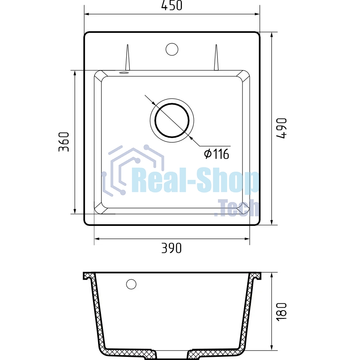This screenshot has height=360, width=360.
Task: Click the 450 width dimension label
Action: tap(172, 6)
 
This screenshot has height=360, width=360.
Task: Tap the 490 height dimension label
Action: tap(282, 128)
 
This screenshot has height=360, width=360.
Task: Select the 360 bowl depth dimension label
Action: tap(64, 142)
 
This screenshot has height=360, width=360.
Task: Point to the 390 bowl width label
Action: tap(172, 248)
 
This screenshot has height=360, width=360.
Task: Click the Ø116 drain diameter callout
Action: tap(216, 154)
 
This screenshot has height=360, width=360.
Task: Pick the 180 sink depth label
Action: tap(282, 312)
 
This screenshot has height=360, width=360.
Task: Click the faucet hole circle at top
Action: tap(172, 49)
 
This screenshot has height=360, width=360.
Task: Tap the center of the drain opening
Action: tap(172, 121)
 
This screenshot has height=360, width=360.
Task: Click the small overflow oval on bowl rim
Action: tap(124, 73)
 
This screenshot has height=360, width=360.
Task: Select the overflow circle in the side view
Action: tap(131, 284)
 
